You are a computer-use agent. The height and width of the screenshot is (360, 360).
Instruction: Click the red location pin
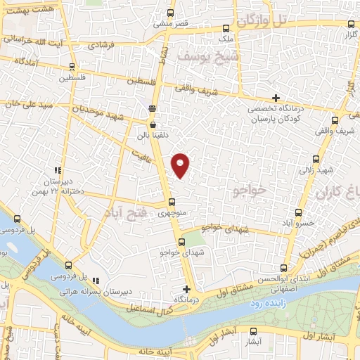pos(181,165)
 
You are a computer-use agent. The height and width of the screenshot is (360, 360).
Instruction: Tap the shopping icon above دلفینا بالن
pos(152,125)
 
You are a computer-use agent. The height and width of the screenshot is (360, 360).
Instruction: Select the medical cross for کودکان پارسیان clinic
pos(276,98)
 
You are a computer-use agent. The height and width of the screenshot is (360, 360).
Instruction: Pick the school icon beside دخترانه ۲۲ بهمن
pos(58,170)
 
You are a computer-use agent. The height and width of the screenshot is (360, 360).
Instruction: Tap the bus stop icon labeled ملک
pos(225,30)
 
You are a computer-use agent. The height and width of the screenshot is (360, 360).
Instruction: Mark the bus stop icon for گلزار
pos(345,24)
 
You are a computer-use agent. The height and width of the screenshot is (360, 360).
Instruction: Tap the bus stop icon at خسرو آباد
pos(299,212)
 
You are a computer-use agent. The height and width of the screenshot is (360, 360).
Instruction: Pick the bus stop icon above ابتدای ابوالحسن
pos(283,267)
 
